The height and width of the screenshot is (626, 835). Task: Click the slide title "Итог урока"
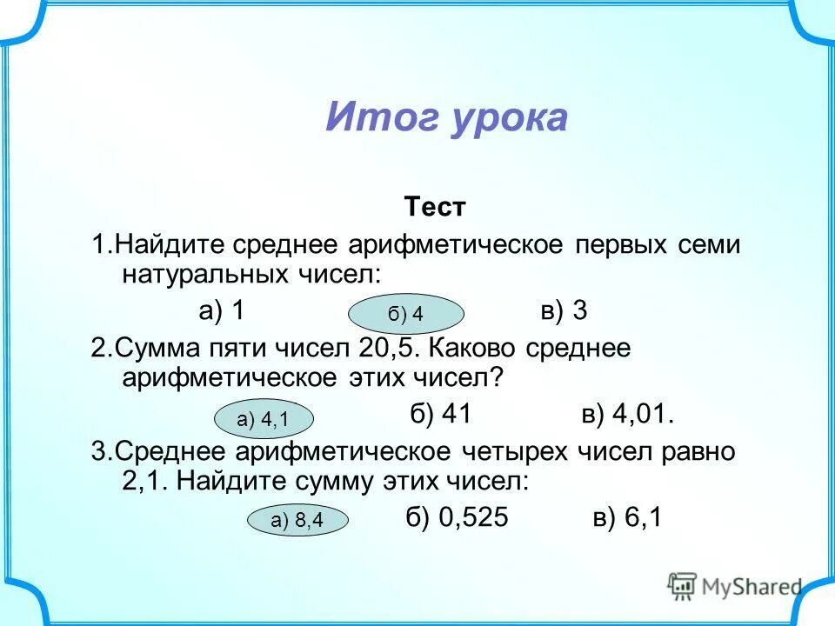[x=446, y=117]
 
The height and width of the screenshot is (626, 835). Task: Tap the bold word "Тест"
[x=435, y=208]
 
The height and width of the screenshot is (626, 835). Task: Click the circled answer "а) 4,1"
[x=264, y=420]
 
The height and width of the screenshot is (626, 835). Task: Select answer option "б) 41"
[x=440, y=415]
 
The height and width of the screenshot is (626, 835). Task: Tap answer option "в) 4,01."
[x=628, y=415]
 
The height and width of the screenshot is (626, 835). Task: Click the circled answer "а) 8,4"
[x=297, y=521]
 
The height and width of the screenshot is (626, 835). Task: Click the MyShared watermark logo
[x=735, y=586]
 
